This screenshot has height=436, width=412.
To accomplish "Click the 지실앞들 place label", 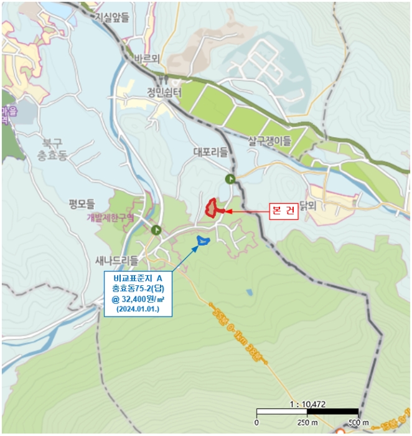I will pyautogui.click(x=112, y=17).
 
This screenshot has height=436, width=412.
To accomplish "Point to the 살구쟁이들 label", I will pyautogui.click(x=269, y=141).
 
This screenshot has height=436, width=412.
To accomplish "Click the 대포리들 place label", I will pyautogui.click(x=212, y=151).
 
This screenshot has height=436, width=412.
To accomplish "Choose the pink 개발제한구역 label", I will pyautogui.click(x=111, y=217).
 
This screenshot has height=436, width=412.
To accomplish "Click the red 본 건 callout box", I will pyautogui.click(x=283, y=211).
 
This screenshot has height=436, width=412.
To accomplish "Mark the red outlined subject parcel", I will pyautogui.click(x=212, y=207).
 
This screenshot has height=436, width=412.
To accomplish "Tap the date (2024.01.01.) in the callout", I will pyautogui.click(x=137, y=309).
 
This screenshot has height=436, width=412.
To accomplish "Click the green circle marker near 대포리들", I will pyautogui.click(x=230, y=179).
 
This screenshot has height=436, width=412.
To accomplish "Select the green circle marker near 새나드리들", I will pyautogui.click(x=156, y=230).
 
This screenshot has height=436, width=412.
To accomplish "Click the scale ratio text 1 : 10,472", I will pyautogui.click(x=308, y=404).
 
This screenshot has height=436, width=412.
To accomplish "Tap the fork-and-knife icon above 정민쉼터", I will pyautogui.click(x=164, y=79).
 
